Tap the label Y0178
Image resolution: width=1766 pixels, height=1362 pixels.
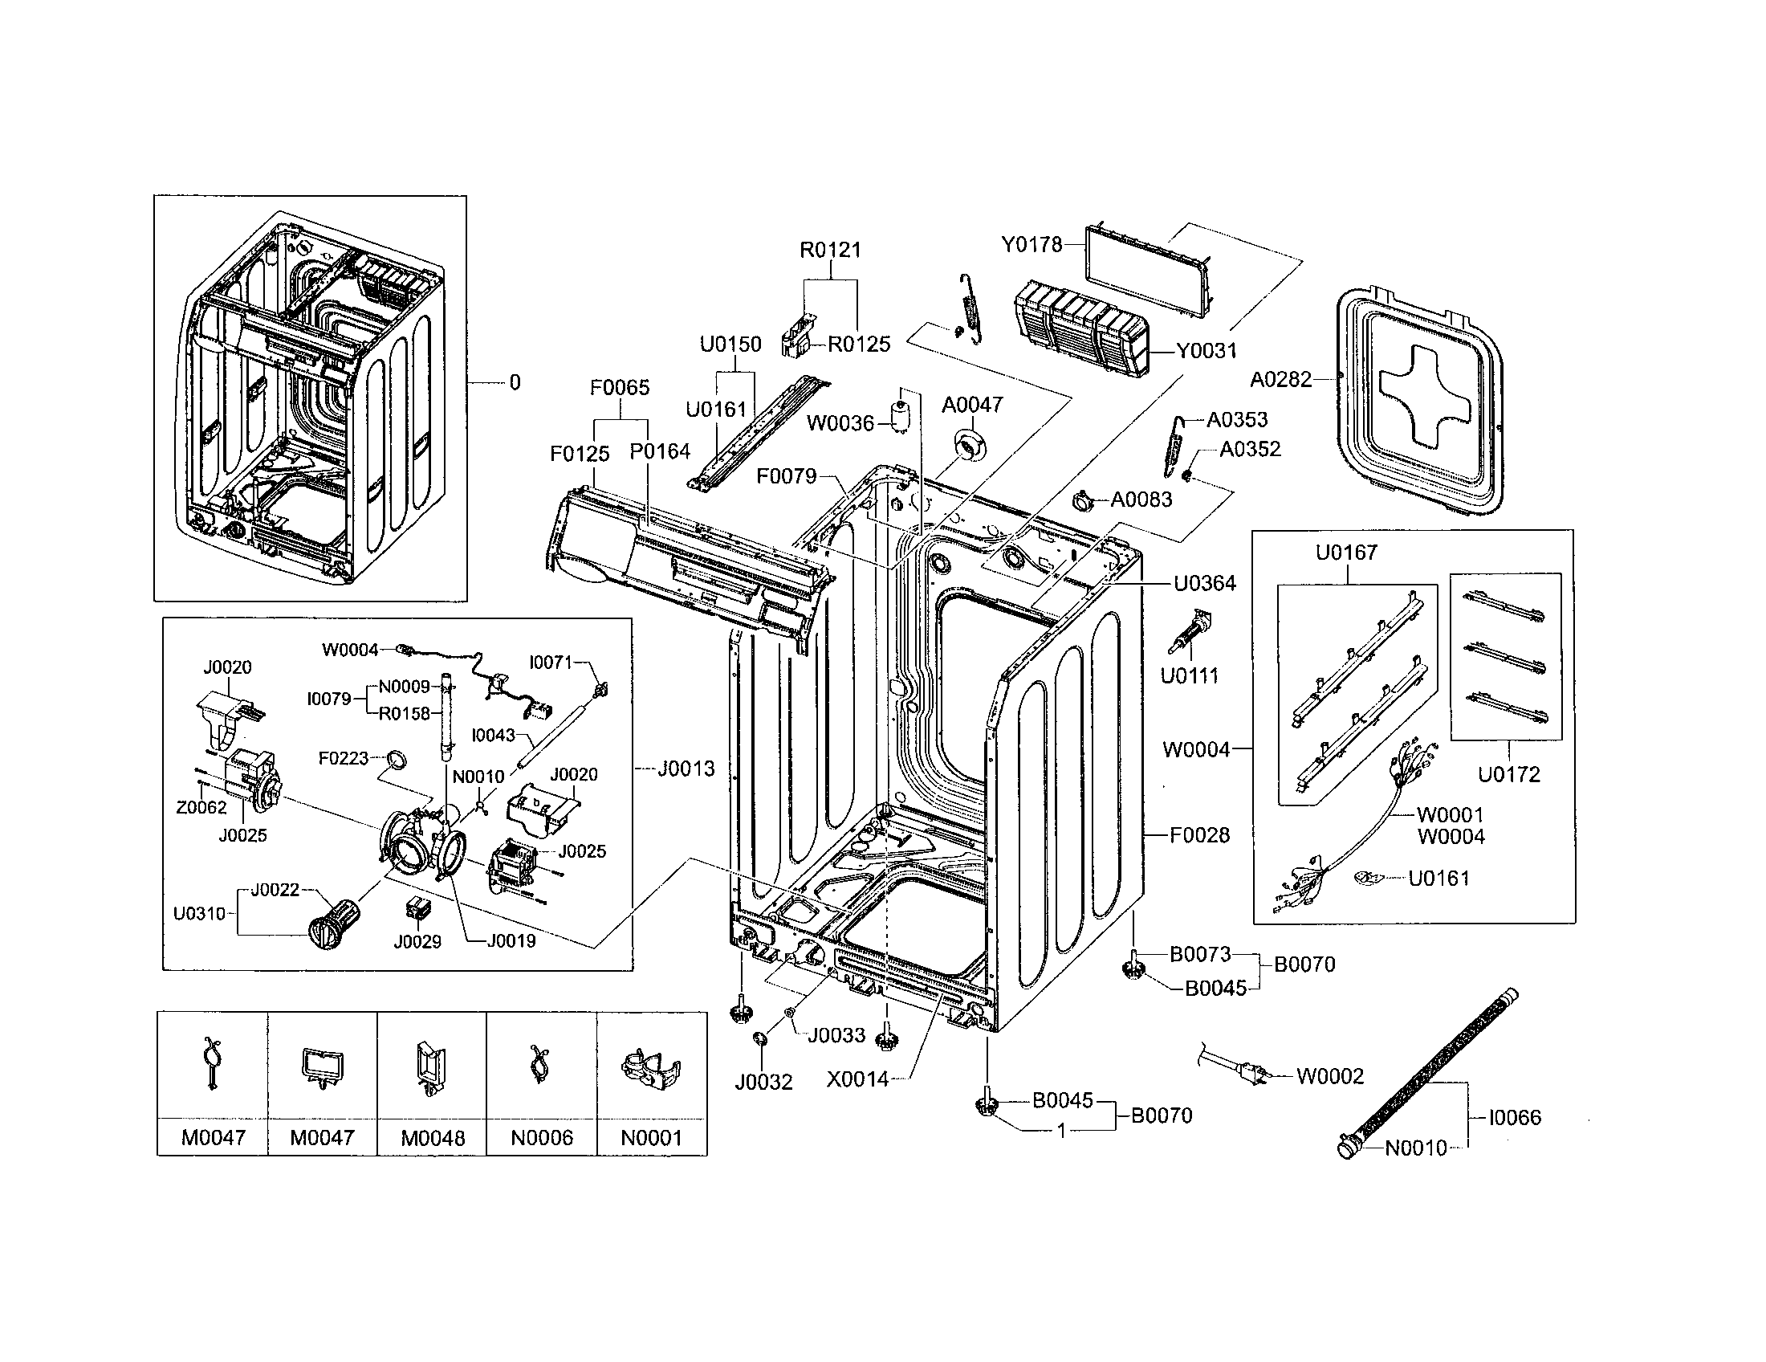pyautogui.click(x=1032, y=244)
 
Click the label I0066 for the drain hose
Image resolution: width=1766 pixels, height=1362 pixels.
pyautogui.click(x=1515, y=1117)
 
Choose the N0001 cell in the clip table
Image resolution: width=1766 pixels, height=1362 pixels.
pyautogui.click(x=652, y=1137)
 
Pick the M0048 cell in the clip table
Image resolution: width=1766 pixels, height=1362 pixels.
pyautogui.click(x=433, y=1137)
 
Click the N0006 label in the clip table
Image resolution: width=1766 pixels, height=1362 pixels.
pyautogui.click(x=542, y=1137)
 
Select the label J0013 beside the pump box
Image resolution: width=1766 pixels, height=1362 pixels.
pyautogui.click(x=686, y=769)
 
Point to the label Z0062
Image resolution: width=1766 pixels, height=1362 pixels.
pyautogui.click(x=201, y=807)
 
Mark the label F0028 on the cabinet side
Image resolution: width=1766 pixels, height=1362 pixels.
pyautogui.click(x=1199, y=834)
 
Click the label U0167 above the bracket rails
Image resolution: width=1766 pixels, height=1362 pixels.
pyautogui.click(x=1346, y=553)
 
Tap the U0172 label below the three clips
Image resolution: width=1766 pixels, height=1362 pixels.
pyautogui.click(x=1509, y=774)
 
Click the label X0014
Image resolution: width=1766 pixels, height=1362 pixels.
pyautogui.click(x=857, y=1079)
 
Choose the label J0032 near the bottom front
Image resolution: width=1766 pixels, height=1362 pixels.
pyautogui.click(x=763, y=1082)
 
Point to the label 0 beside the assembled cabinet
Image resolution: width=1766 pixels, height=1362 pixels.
pyautogui.click(x=515, y=382)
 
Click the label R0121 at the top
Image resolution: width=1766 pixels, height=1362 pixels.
pyautogui.click(x=831, y=250)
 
